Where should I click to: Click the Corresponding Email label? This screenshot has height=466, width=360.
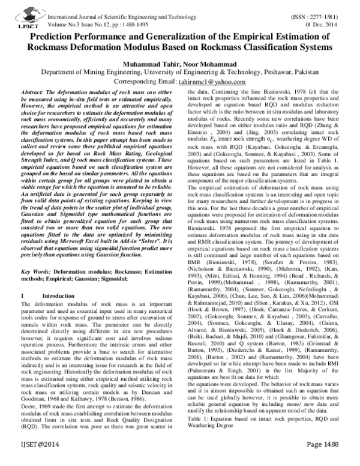pyautogui.click(x=142, y=81)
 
